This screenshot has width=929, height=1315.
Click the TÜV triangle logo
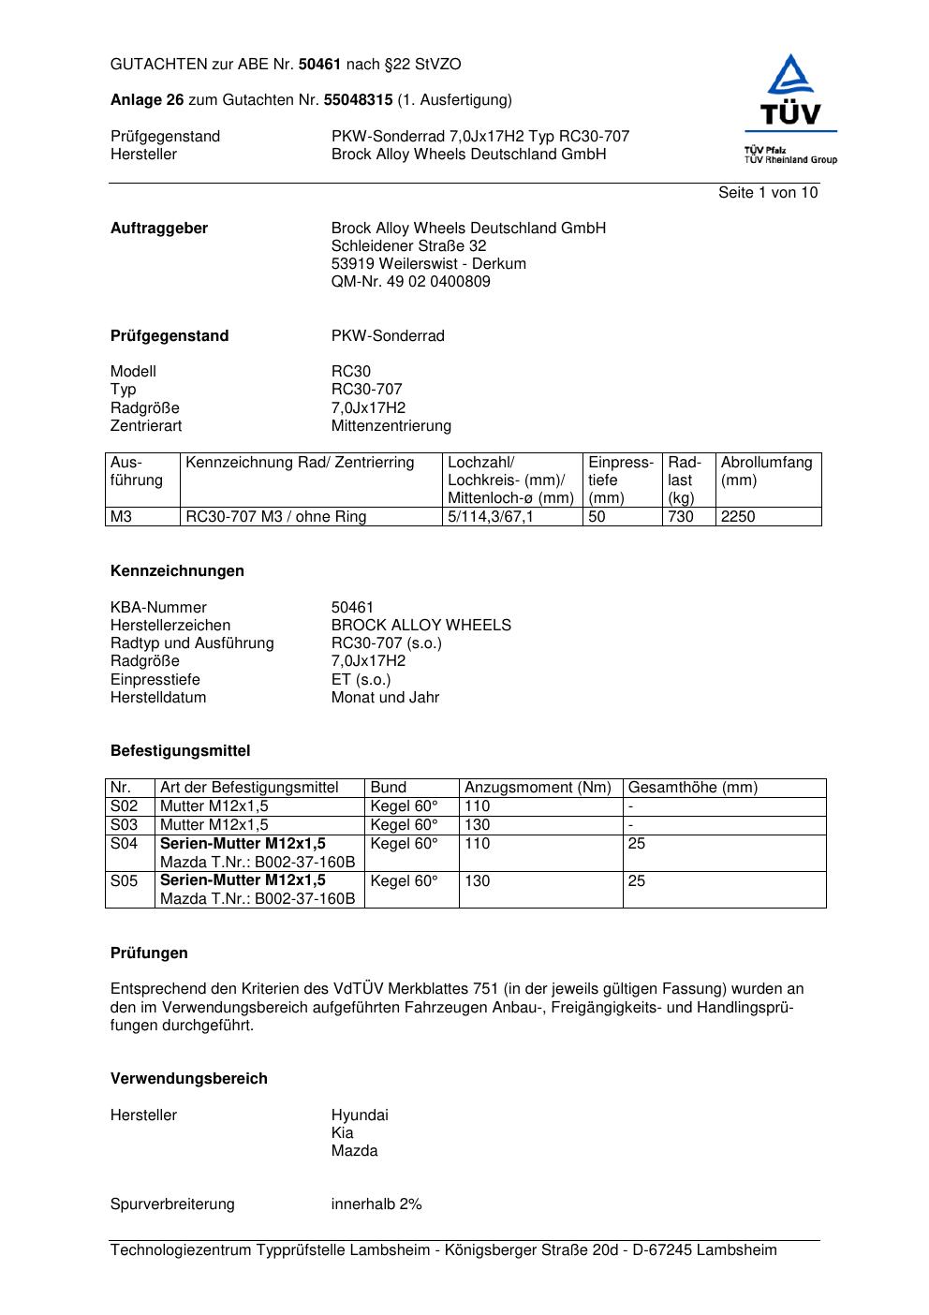[791, 90]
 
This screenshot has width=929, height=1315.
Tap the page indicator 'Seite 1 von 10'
[767, 193]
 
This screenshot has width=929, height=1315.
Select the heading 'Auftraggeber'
[159, 229]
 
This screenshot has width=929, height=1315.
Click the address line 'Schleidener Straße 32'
[408, 246]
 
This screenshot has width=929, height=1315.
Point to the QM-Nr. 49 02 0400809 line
[410, 282]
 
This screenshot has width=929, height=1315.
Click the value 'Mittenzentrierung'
[391, 426]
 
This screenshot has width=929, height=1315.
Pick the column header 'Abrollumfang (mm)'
[766, 471]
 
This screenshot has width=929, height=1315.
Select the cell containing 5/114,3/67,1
[491, 517]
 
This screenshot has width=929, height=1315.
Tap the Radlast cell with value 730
[680, 517]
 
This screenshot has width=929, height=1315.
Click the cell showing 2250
[738, 517]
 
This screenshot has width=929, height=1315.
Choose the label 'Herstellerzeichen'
[170, 626]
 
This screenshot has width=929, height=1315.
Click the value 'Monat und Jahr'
[385, 698]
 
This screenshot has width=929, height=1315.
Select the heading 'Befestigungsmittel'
[180, 751]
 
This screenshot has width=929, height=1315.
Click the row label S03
[125, 825]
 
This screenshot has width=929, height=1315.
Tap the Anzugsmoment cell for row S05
[478, 881]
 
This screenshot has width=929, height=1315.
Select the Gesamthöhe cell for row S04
[637, 844]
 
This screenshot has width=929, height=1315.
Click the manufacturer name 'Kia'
[342, 1133]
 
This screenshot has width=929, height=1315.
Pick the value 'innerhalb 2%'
[376, 1204]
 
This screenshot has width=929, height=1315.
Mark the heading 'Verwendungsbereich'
[189, 1079]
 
